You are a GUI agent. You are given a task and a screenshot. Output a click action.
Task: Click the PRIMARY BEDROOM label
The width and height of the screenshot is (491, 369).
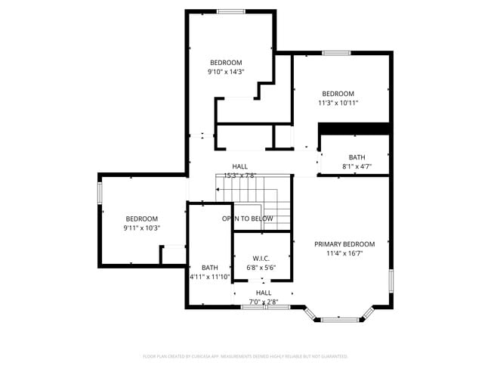(x=344, y=244)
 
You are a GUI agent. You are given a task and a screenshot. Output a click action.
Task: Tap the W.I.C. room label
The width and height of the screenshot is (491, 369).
(x=261, y=257)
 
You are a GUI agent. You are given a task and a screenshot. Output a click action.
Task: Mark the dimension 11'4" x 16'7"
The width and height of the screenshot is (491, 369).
(x=344, y=254)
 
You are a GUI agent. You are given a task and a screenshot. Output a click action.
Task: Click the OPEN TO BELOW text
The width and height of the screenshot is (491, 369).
(x=247, y=219)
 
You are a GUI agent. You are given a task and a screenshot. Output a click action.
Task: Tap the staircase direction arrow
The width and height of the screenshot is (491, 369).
(x=219, y=189)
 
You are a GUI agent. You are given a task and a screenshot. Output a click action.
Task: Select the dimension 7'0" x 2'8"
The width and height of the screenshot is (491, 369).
(x=264, y=302)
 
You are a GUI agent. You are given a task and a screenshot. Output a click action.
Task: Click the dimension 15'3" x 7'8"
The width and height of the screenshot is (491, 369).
(x=239, y=175)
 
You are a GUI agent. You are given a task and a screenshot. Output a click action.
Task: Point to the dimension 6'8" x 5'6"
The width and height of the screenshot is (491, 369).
(x=261, y=267)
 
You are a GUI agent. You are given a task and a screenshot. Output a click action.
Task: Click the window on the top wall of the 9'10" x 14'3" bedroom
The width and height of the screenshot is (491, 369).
(x=230, y=11)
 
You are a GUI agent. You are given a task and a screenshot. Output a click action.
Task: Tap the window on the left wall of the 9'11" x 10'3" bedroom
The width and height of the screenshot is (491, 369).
(x=99, y=194)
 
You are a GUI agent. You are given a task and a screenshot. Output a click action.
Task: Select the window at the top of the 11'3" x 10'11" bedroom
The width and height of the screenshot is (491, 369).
(x=336, y=53)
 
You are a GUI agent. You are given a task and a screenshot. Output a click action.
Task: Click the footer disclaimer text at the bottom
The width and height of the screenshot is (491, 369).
(x=246, y=356)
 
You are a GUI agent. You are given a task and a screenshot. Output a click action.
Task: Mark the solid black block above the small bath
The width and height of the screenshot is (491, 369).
(x=354, y=129)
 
